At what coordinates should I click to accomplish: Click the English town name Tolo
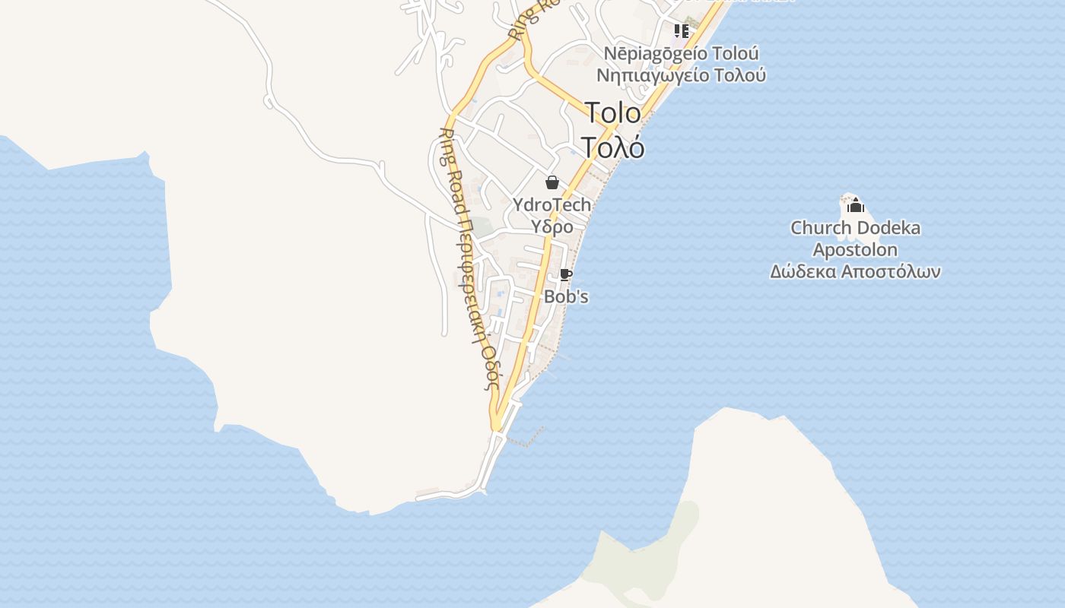tap(613, 113)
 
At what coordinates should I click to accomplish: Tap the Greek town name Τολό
tap(613, 147)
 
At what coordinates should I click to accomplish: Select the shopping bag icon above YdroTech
tap(552, 182)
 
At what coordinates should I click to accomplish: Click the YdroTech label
tap(552, 204)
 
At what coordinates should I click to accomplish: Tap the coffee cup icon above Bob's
tap(565, 275)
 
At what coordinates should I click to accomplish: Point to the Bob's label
tap(566, 296)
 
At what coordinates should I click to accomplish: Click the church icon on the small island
tap(856, 204)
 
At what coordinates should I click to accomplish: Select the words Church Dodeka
tap(855, 228)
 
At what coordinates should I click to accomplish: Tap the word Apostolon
tap(855, 250)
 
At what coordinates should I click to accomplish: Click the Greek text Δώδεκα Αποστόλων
tap(855, 272)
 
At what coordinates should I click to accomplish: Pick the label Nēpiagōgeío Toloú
tap(681, 54)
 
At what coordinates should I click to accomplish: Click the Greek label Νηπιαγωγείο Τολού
tap(681, 75)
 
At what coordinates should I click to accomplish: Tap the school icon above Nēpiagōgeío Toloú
tap(681, 31)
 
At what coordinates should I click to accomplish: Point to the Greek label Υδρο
tap(552, 226)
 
